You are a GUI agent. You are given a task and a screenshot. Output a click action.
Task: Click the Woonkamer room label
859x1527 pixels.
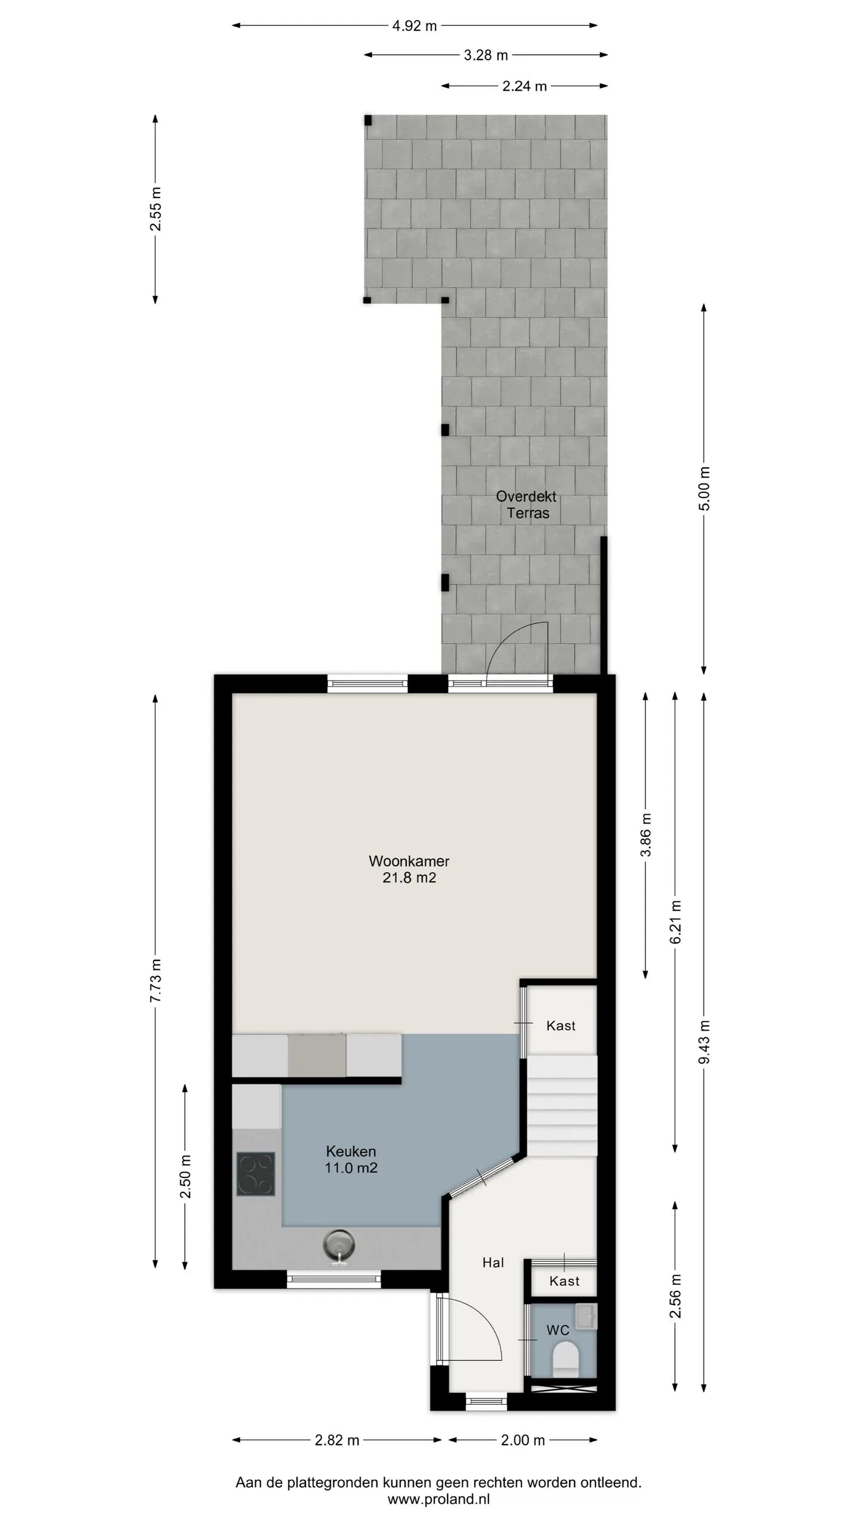click(409, 861)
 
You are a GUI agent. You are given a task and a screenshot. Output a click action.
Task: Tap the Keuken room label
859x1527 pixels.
click(351, 1151)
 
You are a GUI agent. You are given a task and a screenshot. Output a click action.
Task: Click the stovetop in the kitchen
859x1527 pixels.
click(256, 1174)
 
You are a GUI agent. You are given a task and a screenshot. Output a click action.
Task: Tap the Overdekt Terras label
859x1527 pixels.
click(527, 505)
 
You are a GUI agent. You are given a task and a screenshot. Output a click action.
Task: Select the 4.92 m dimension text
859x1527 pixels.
click(415, 26)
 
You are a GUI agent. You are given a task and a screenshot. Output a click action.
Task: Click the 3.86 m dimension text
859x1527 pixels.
click(645, 835)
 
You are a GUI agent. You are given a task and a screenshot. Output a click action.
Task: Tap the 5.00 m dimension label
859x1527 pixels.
click(704, 489)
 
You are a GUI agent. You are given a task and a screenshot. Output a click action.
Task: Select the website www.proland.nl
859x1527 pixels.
click(438, 1499)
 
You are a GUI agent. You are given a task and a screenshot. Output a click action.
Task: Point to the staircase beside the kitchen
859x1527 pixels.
click(561, 1106)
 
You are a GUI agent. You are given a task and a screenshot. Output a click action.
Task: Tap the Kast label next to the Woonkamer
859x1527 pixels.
click(561, 1025)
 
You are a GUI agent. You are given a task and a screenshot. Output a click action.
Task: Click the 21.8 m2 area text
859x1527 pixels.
click(409, 877)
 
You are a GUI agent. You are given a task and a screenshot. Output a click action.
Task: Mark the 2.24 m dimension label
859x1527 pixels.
click(524, 86)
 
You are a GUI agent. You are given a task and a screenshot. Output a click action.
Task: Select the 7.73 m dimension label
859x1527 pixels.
click(156, 981)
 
